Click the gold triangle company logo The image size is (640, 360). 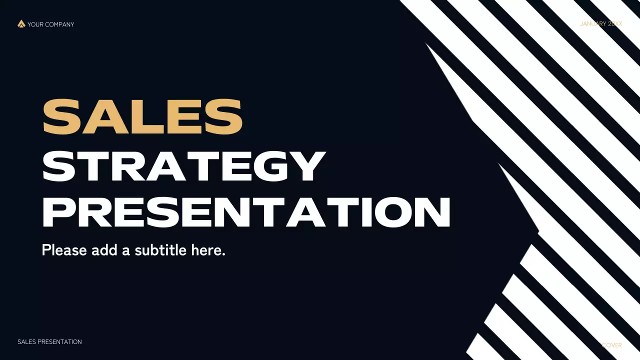pyautogui.click(x=21, y=23)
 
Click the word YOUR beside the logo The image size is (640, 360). pyautogui.click(x=35, y=24)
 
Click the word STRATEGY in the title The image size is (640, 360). pyautogui.click(x=183, y=166)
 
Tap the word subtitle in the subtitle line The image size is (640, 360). pyautogui.click(x=161, y=250)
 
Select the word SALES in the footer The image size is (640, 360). pyautogui.click(x=26, y=342)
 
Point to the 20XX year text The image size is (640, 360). pyautogui.click(x=615, y=24)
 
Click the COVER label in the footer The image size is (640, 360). pyautogui.click(x=612, y=345)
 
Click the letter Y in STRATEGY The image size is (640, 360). pyautogui.click(x=306, y=166)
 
